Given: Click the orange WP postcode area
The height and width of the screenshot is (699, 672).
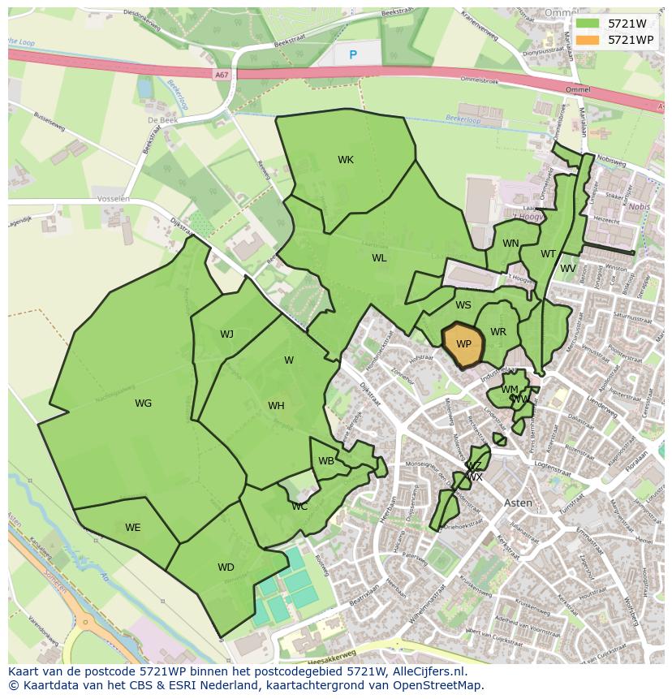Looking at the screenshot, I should (463, 345).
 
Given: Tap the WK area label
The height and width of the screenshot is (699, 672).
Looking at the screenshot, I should (346, 160).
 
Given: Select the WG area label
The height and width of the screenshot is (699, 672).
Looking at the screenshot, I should (143, 403).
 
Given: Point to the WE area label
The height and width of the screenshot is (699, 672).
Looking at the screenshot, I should (132, 528).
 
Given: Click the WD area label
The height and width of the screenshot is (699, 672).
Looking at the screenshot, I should (226, 567).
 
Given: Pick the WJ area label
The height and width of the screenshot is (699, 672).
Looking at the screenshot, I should (226, 334).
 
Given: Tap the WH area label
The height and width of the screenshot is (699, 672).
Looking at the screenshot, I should (276, 406).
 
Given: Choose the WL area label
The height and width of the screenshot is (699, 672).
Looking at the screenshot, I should (379, 258).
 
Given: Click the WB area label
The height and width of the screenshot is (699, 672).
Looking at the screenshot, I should (326, 461).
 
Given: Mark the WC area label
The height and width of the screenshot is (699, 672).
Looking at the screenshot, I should (299, 507).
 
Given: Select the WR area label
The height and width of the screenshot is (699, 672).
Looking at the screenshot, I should (498, 332).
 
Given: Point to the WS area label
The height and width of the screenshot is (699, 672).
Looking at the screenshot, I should (463, 305).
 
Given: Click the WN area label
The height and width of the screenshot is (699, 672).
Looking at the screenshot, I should (510, 244).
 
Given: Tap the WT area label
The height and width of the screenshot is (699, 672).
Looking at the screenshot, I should (549, 254).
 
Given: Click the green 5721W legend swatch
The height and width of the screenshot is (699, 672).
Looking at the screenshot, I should (588, 24).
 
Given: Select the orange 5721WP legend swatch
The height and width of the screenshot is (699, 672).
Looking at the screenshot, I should (588, 40).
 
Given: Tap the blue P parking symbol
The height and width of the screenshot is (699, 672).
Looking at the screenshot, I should (352, 55).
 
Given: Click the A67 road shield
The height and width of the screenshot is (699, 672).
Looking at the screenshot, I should (222, 75).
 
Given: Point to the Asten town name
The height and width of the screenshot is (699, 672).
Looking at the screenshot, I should (519, 503).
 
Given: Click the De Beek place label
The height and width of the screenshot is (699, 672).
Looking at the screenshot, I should (162, 120).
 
